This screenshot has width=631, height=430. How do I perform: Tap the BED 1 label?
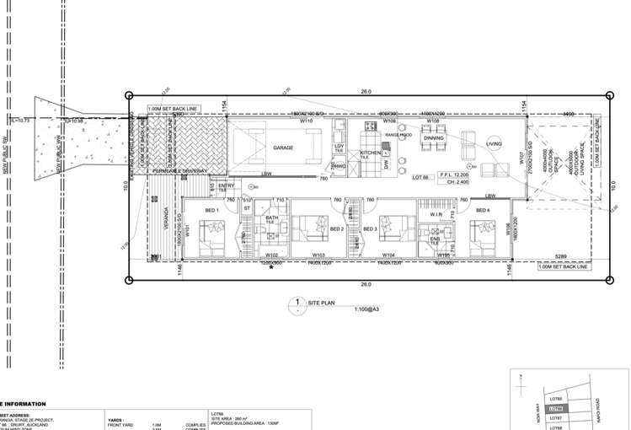pos(213,210)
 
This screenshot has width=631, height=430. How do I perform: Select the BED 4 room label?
pos(483,210)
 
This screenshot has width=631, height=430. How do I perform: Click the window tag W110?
pos(307,121)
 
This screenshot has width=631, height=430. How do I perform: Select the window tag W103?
pos(318,255)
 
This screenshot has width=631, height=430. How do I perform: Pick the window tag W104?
pos(388,255)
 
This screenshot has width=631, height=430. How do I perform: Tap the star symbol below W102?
pos(271,268)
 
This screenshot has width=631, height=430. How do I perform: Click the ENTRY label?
pos(226,185)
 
